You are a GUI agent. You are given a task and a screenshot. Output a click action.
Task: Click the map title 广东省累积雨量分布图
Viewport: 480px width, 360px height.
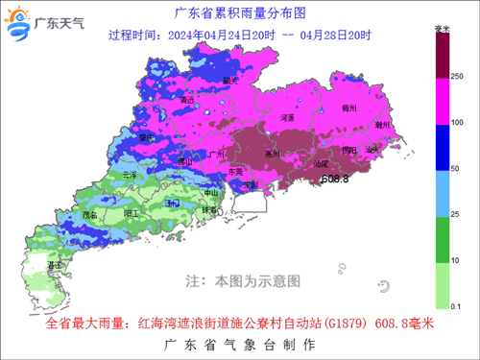click(x=239, y=13)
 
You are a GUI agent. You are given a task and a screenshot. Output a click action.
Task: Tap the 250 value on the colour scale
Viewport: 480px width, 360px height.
click(x=457, y=75)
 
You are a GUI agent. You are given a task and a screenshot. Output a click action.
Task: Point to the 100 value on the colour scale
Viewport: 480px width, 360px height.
click(x=457, y=122)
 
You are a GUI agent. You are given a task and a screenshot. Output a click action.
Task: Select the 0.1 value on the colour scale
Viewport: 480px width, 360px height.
click(x=458, y=305)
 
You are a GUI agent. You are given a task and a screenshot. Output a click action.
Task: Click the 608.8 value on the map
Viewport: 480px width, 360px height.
click(x=333, y=180)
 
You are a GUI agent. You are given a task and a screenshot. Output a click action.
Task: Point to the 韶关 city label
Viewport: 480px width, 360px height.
click(x=229, y=81)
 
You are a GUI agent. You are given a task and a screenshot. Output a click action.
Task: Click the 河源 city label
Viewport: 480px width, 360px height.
click(x=286, y=117)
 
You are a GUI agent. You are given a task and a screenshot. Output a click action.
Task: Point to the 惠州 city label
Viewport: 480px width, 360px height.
click(x=273, y=153)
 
